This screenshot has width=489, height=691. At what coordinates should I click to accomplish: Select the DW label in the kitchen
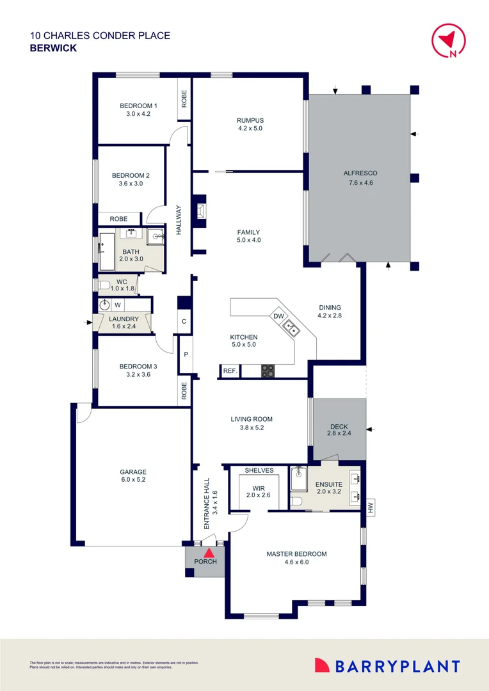[x=278, y=316]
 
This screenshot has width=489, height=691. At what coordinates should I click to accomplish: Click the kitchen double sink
[x=291, y=329]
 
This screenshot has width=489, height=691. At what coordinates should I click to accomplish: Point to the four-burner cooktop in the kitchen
[x=268, y=370]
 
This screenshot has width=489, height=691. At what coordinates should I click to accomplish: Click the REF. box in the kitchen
[x=229, y=370]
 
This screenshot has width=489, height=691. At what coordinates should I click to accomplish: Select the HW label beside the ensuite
[x=370, y=509]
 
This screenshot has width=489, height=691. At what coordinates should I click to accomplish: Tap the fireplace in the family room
[x=201, y=211]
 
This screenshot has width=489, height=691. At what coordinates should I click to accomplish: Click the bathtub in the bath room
[x=106, y=251]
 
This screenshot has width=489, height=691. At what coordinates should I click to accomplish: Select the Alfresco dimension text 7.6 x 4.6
[x=360, y=183]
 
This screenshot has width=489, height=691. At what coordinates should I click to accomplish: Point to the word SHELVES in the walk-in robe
[x=259, y=470]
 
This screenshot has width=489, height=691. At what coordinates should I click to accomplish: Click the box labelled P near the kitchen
[x=185, y=354]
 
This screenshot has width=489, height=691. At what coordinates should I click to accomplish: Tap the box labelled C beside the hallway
[x=184, y=321]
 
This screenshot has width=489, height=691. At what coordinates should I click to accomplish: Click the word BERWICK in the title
[x=53, y=48]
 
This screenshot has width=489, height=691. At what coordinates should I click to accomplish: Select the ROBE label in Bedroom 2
[x=118, y=219]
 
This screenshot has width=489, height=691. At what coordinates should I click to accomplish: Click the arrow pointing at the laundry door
[x=89, y=322]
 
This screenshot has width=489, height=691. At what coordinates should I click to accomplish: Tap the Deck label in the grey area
[x=339, y=427]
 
